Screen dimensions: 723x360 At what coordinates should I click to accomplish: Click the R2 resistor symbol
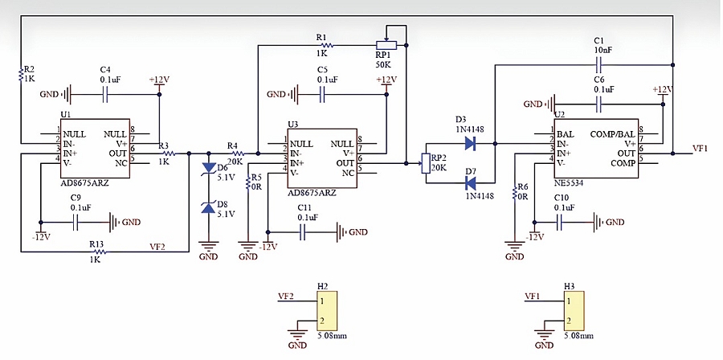[21, 74]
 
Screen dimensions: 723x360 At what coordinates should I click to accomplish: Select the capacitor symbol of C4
[105, 95]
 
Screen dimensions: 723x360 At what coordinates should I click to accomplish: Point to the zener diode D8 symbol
[209, 208]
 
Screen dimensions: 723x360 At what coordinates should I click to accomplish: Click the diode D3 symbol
[470, 144]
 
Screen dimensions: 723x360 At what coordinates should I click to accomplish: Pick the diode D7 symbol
[470, 184]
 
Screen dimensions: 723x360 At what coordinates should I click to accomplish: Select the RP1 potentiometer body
[386, 46]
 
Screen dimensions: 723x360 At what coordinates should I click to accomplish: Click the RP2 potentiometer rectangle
[426, 164]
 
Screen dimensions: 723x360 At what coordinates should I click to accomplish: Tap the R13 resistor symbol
[99, 252]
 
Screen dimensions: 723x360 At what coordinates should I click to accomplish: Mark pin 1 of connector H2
[323, 301]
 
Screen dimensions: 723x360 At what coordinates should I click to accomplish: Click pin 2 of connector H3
[570, 321]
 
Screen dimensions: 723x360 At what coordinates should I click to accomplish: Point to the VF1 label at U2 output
[701, 149]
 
